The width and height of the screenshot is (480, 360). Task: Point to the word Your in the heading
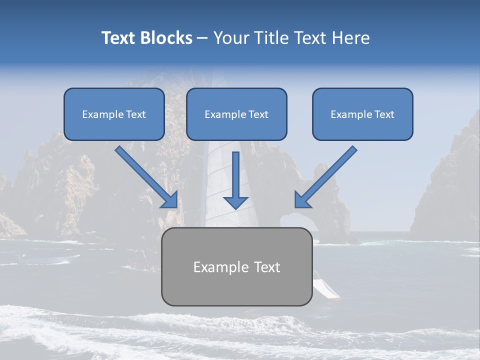(x=231, y=38)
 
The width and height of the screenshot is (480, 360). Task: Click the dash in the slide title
(x=202, y=38)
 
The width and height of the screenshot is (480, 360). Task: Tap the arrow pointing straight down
(x=235, y=180)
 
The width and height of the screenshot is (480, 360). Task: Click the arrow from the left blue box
(x=147, y=177)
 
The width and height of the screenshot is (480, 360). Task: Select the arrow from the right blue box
(x=325, y=177)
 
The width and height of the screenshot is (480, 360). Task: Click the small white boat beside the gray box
(x=325, y=288)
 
